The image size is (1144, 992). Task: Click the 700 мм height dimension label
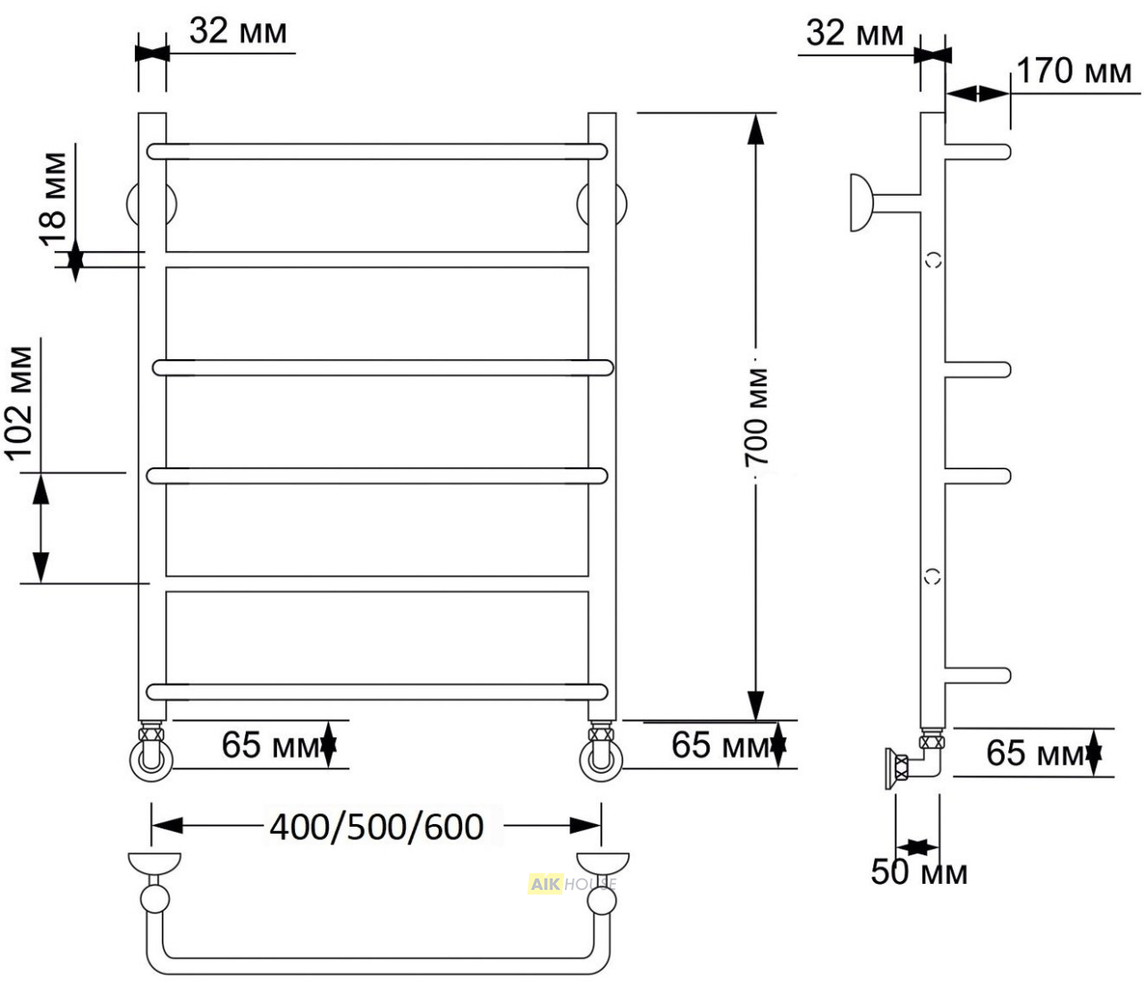tap(756, 416)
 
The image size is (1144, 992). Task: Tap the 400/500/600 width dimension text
tap(376, 828)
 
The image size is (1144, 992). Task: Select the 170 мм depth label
tap(1073, 71)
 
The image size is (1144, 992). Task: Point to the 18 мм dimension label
tap(54, 198)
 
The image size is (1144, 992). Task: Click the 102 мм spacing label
tap(20, 404)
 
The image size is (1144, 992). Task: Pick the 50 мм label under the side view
tap(919, 872)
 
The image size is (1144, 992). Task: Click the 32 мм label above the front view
tap(238, 31)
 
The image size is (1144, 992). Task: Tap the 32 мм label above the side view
tap(854, 33)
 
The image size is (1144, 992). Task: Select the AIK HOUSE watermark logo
tap(572, 884)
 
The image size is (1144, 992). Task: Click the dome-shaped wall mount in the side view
tap(861, 203)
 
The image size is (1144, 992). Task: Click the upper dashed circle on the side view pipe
tap(933, 260)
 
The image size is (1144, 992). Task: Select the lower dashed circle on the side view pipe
tap(933, 576)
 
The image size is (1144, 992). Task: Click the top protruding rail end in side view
tap(978, 152)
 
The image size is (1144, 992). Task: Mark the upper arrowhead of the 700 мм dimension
tap(756, 129)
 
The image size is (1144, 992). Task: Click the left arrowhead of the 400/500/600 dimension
tap(167, 826)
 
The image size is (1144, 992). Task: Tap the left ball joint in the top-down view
tap(155, 900)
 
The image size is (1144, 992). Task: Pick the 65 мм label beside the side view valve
tap(1034, 752)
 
